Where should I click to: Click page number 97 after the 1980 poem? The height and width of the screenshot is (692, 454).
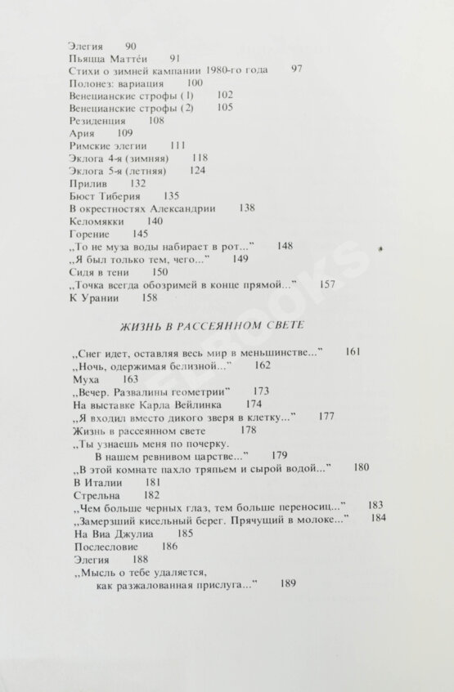tap(296, 69)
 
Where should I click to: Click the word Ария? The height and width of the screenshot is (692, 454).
tap(83, 132)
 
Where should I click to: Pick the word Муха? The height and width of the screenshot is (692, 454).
tap(85, 379)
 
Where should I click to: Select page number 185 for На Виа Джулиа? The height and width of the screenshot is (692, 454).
tap(185, 533)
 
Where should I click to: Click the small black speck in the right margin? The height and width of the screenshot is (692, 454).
tap(381, 247)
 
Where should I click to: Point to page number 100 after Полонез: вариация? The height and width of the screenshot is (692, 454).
tap(195, 83)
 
